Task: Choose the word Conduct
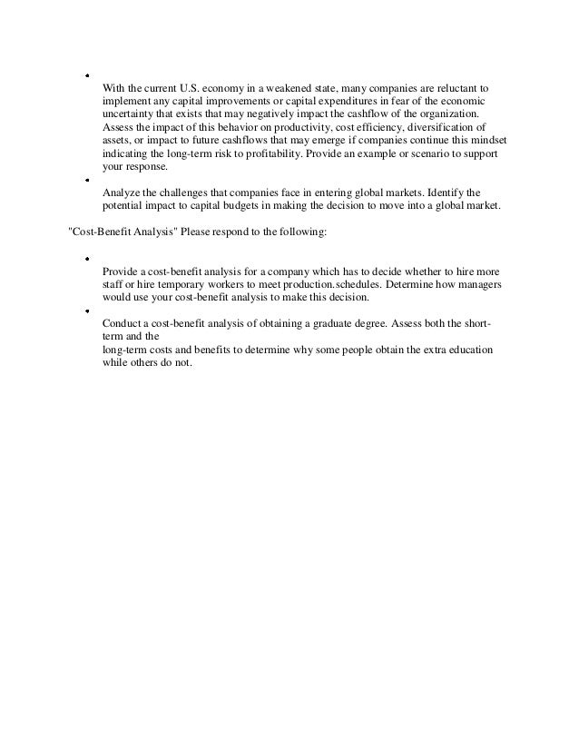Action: [x=123, y=321]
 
